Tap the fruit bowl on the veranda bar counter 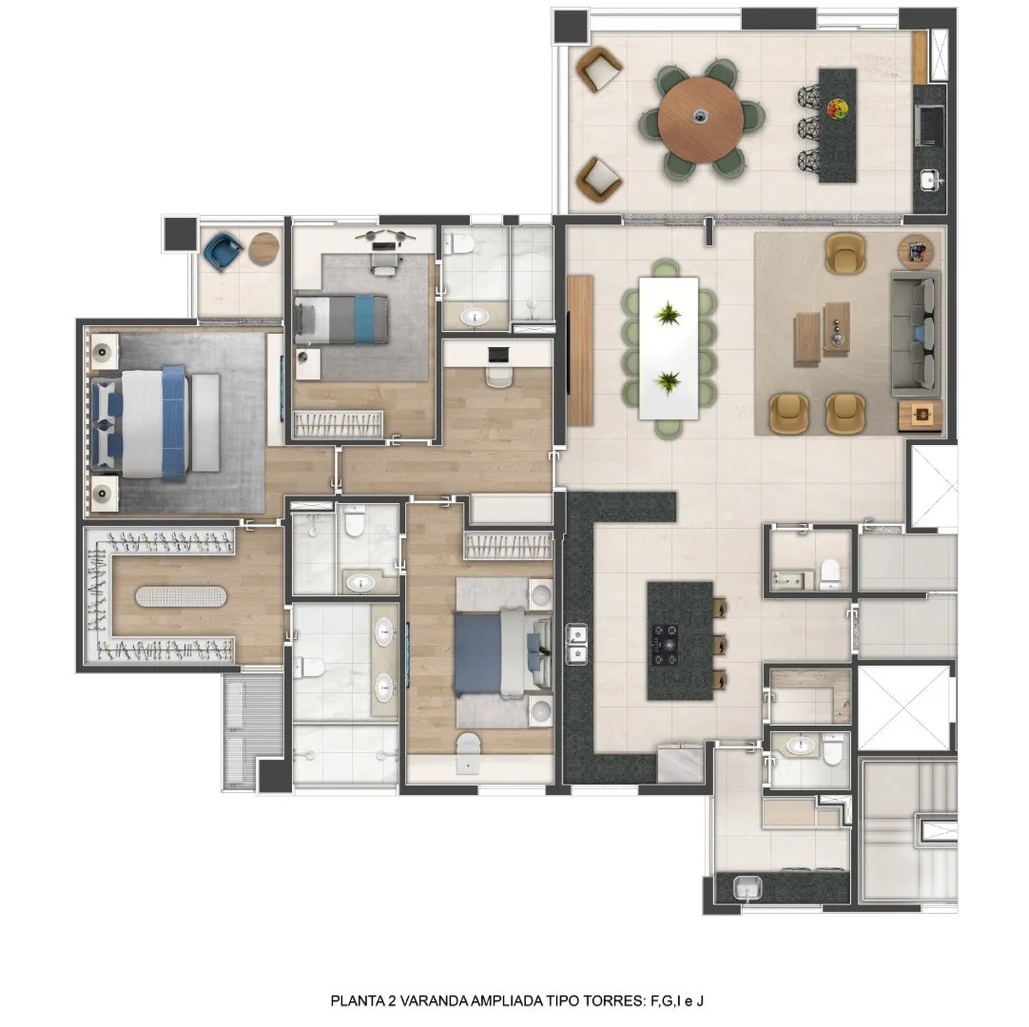coord(837,108)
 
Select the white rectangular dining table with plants coord(668,348)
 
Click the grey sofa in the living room coord(916,334)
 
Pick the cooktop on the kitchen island coord(664,644)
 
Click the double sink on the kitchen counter coord(577,644)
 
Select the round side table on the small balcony coord(264,249)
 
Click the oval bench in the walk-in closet coord(181,596)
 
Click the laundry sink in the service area coord(747,888)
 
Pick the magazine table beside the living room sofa coord(916,251)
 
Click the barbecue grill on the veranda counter coord(930,126)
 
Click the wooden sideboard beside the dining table coord(580,351)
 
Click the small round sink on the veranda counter coord(930,179)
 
